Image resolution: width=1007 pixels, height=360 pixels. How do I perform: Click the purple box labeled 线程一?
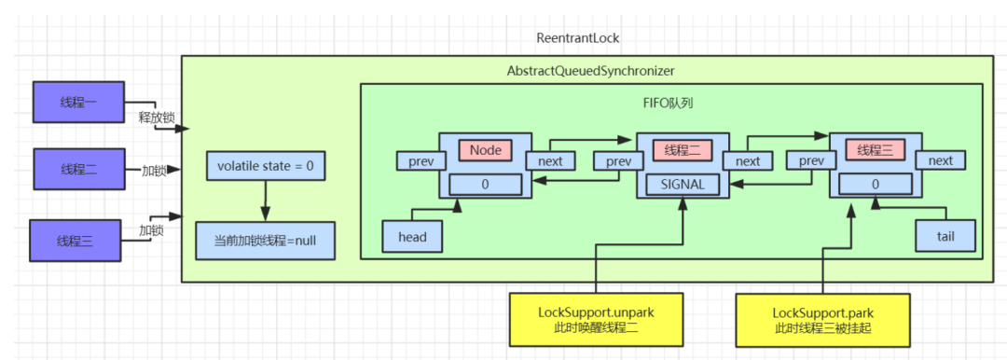[x=78, y=103]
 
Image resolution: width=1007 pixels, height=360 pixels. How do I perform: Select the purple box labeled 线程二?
[x=78, y=170]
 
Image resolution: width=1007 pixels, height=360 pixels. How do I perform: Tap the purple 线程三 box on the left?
[x=75, y=241]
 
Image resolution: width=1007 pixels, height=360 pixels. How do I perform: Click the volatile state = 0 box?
[x=266, y=166]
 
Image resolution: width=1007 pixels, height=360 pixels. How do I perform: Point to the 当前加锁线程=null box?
[x=265, y=241]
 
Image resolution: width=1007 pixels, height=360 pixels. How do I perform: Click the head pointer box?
[x=412, y=237]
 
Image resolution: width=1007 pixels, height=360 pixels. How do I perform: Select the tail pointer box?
[x=945, y=236]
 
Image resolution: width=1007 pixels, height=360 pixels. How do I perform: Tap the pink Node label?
[x=485, y=150]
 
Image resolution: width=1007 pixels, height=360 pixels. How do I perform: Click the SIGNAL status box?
[x=682, y=184]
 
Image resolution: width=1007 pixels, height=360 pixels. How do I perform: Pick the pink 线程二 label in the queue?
[x=682, y=150]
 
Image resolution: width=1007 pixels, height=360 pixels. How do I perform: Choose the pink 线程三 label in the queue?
[x=876, y=150]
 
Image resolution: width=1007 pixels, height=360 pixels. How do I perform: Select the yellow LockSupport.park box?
[x=822, y=318]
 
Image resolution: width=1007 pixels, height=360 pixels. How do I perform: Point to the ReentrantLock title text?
[x=578, y=38]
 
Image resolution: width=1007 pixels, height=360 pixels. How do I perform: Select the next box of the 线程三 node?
[x=940, y=160]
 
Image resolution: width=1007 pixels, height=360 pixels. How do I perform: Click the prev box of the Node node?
[x=421, y=160]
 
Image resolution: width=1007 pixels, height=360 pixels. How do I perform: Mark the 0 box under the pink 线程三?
[x=876, y=184]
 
